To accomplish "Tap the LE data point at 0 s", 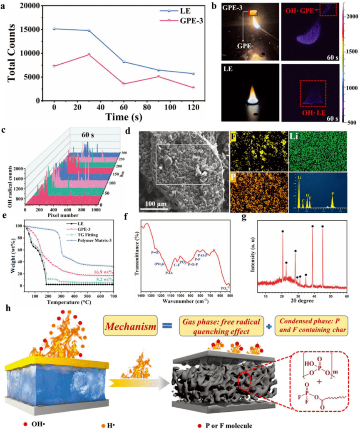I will [x=54, y=29].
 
